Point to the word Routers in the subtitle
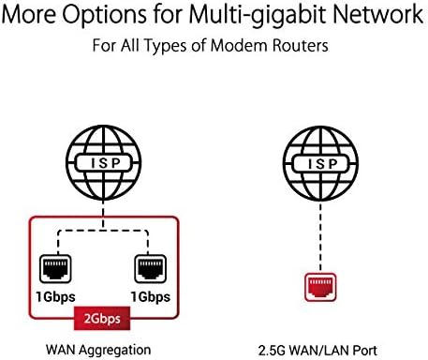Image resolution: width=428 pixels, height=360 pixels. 300,46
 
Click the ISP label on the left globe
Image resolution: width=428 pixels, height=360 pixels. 105,163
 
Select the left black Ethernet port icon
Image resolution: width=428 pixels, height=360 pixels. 55,268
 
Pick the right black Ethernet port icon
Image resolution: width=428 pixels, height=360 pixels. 150,268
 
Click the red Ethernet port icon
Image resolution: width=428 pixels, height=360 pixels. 320,287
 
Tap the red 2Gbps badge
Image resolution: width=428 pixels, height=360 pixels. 102,319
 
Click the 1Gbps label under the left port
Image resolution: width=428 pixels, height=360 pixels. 55,297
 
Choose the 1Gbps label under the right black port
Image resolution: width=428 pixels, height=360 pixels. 151,297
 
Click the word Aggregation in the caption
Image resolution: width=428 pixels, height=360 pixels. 114,351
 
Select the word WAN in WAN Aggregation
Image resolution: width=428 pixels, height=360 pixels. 61,350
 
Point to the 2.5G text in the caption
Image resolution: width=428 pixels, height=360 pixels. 272,351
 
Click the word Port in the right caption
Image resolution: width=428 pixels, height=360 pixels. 365,351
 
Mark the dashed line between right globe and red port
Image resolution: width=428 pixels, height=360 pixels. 320,237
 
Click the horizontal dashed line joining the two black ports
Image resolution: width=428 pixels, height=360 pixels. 103,232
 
